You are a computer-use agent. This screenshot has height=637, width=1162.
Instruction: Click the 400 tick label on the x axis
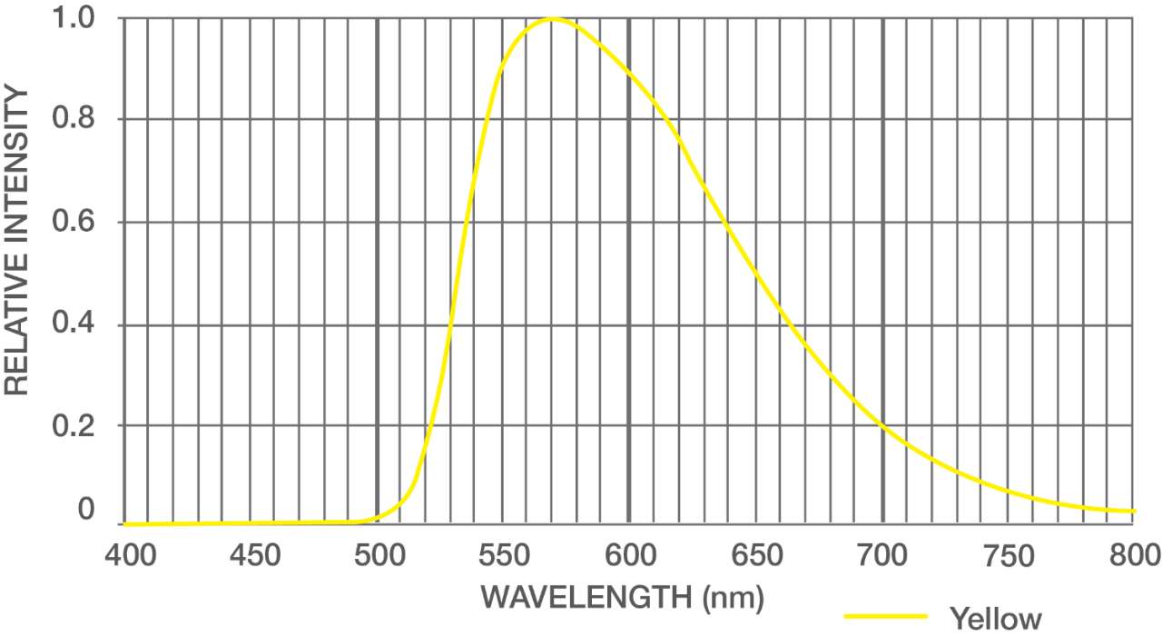coord(125,555)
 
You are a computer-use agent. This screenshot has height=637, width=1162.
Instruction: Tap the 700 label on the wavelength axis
coord(882,555)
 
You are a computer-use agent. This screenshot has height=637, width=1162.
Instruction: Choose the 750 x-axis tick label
coord(1009,555)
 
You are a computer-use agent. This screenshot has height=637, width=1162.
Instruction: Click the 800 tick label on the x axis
coord(1134,555)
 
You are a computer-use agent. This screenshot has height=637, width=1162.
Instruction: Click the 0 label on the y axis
coord(86,511)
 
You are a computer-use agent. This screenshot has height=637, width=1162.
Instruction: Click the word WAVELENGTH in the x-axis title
coord(586,597)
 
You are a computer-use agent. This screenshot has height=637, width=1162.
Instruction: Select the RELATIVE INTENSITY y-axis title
coord(17,241)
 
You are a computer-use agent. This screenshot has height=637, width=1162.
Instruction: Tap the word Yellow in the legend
coord(996,620)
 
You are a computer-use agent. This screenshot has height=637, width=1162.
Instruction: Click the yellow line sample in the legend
coord(885,617)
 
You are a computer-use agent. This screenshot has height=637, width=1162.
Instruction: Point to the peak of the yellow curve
coord(552,18)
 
